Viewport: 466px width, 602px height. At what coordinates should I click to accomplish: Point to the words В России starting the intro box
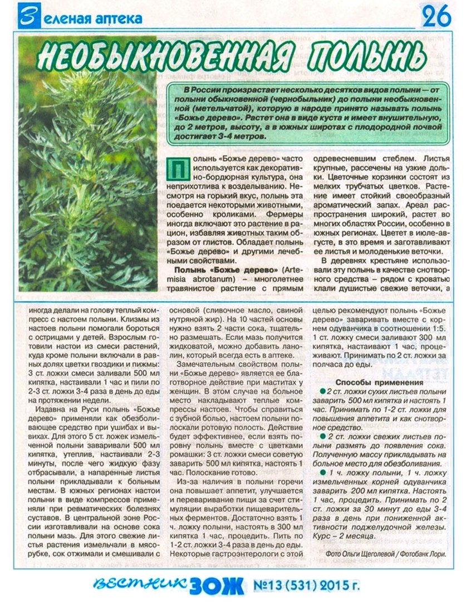(x=196, y=90)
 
